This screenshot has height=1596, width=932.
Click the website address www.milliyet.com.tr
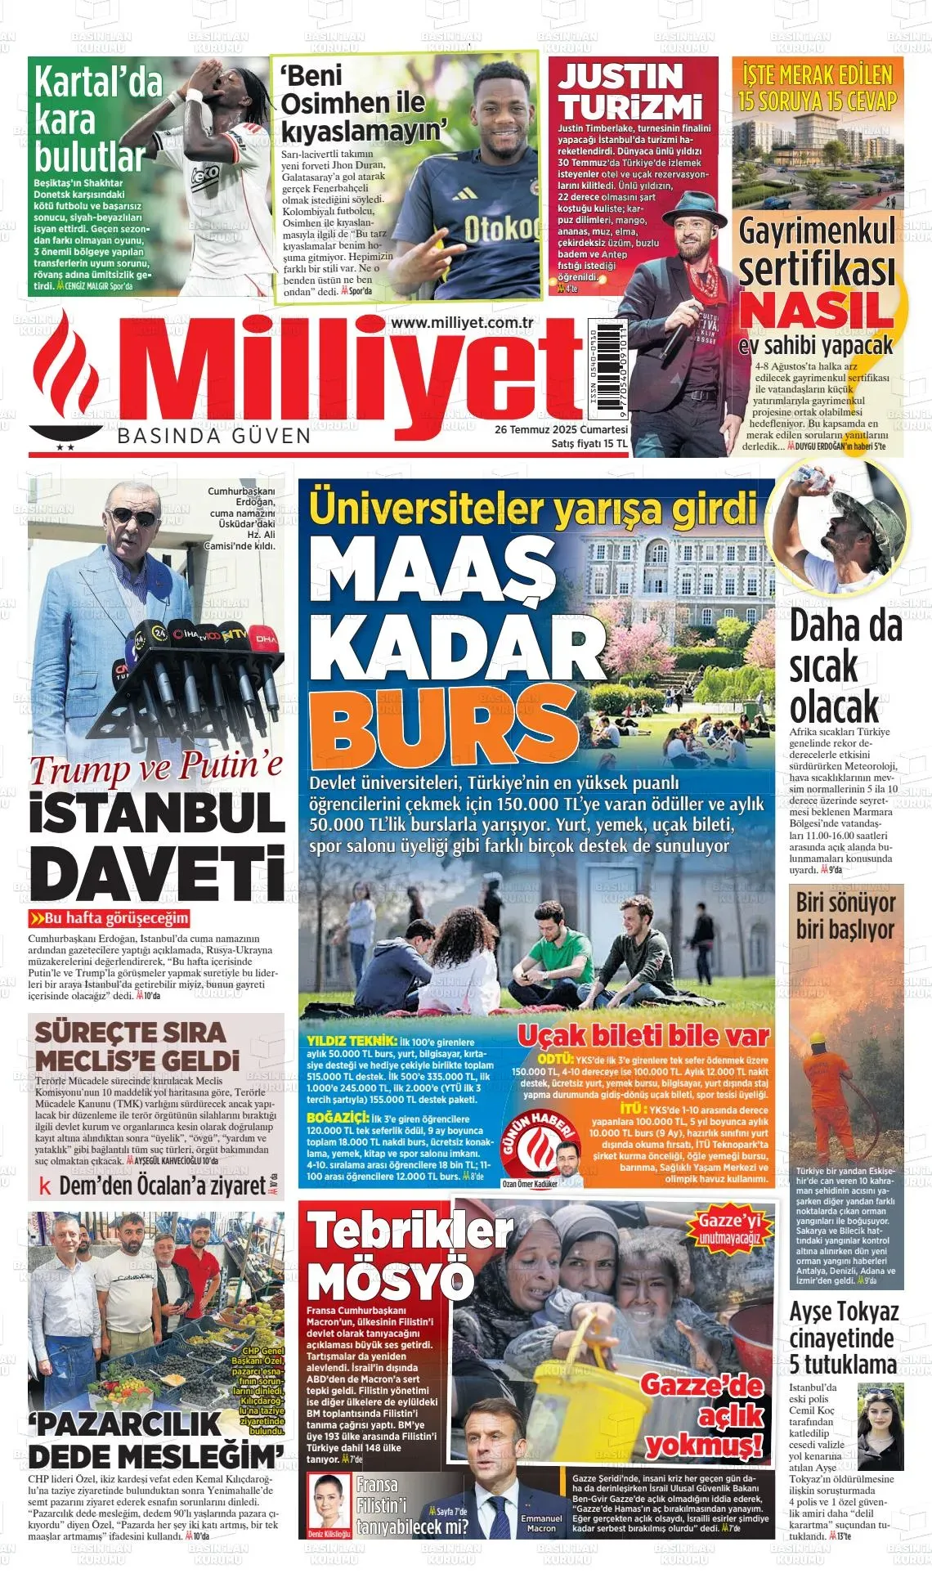tap(462, 323)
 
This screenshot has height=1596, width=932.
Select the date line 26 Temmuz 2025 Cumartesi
tap(561, 430)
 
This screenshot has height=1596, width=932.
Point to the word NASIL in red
tap(815, 311)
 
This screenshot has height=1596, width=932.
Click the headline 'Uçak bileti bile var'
tap(643, 1036)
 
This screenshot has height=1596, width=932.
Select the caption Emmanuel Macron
tap(541, 1522)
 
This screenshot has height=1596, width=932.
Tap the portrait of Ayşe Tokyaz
tap(880, 1427)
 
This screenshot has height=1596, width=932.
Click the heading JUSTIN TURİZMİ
tap(630, 92)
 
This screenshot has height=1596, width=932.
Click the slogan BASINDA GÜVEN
tap(214, 436)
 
